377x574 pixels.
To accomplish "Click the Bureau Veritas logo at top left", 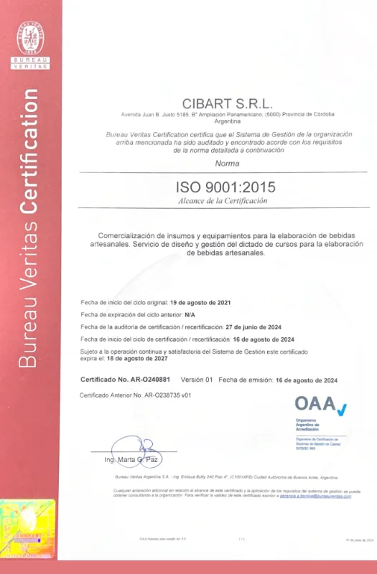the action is [x=32, y=44].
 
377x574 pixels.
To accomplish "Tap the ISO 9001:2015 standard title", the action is [x=225, y=187].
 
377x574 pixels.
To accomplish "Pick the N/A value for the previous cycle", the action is [x=189, y=315].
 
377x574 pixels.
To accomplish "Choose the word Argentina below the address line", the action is [x=226, y=123].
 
